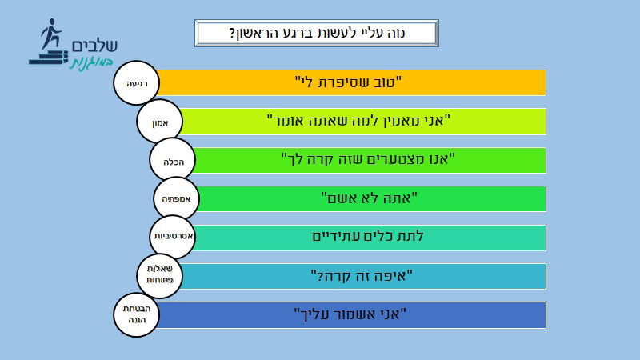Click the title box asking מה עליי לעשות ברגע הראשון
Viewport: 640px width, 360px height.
[318, 34]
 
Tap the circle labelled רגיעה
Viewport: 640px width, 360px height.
[137, 83]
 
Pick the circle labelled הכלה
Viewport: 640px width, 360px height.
[173, 161]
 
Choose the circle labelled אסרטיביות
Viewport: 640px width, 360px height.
[174, 238]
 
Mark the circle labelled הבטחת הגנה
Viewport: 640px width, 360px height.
[137, 314]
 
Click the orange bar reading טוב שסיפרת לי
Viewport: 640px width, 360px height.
[352, 82]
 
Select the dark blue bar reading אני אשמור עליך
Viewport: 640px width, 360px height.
[352, 314]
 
